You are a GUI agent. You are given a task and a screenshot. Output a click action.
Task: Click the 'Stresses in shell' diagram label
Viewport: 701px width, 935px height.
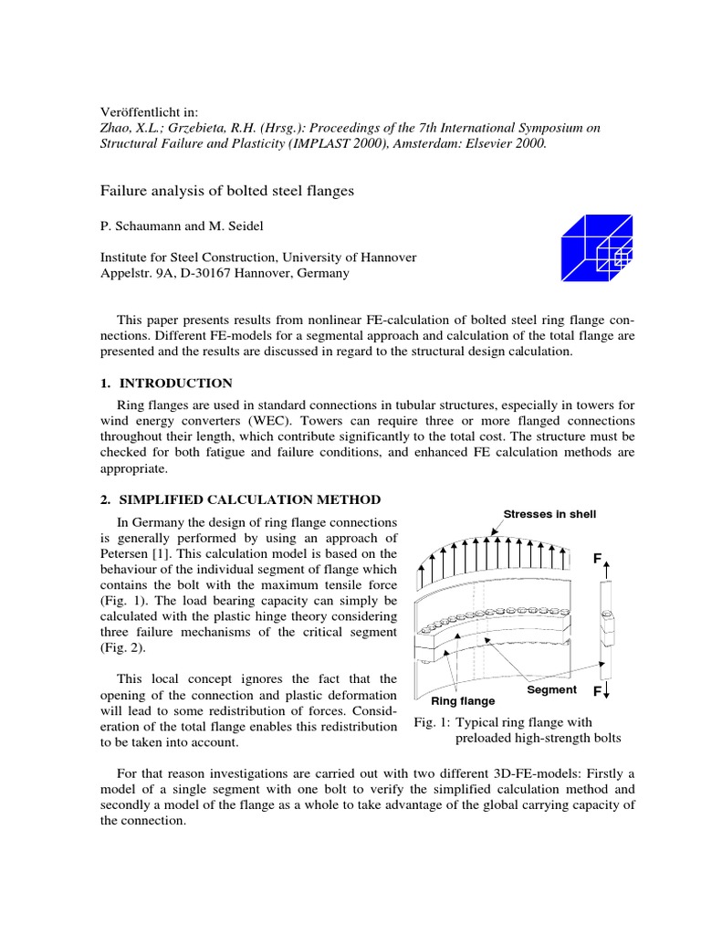pos(549,514)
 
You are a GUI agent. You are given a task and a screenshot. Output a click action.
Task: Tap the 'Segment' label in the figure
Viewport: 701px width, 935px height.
pos(551,690)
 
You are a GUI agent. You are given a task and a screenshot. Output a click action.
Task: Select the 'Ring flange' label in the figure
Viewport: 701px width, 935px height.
pos(463,701)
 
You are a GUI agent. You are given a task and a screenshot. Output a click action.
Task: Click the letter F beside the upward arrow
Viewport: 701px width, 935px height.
pos(599,557)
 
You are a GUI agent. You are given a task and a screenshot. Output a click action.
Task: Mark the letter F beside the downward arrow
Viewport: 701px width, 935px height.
pos(598,691)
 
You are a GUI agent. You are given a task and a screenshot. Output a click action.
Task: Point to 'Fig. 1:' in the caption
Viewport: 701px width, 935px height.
pos(432,722)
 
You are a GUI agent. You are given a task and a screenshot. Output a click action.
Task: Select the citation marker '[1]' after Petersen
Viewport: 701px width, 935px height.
pos(162,554)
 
